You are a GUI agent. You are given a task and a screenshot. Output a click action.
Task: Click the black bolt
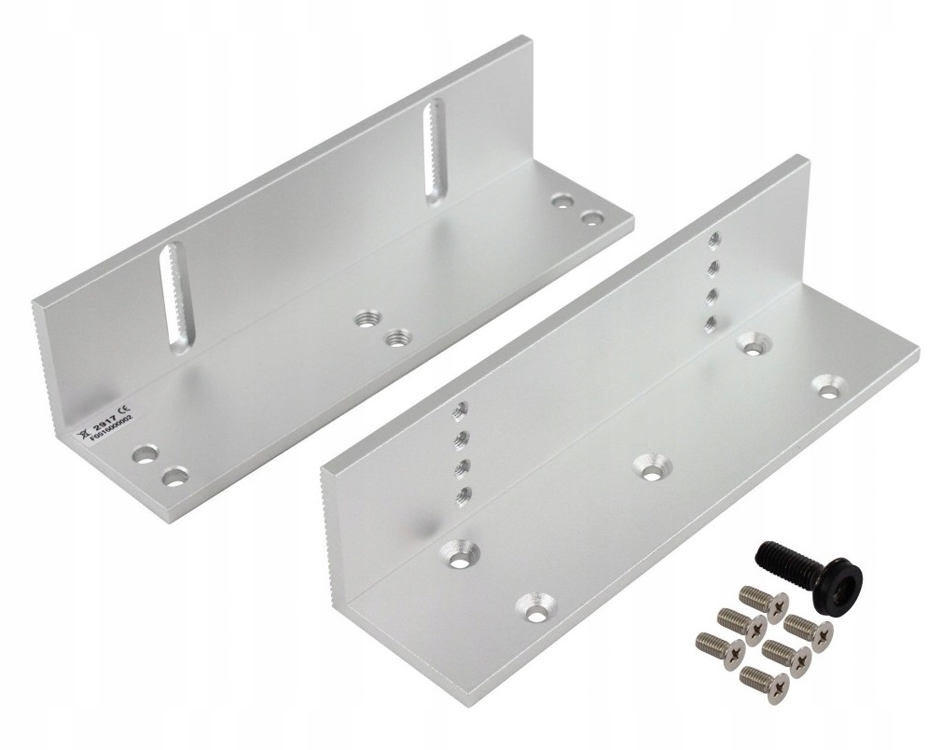coord(807,576)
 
